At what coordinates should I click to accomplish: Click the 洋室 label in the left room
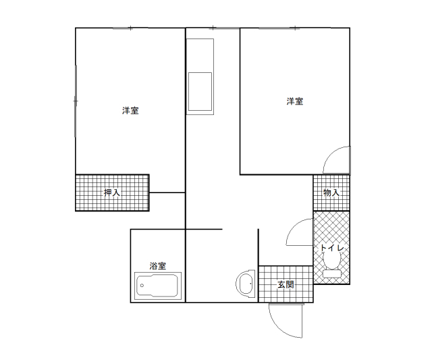pos(130,111)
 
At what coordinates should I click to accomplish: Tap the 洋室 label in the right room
pos(295,101)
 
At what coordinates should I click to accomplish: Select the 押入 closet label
pos(112,192)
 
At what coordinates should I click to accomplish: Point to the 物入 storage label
pos(331,192)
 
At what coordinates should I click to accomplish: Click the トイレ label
pos(331,248)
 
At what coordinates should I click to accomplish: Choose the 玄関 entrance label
pos(286,284)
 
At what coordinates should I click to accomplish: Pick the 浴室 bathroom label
pos(158,266)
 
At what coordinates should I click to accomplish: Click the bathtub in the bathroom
pos(158,286)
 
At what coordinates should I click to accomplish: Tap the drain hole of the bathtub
pos(142,286)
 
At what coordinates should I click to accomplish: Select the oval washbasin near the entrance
pos(246,284)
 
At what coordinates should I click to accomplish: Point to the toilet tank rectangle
pos(331,274)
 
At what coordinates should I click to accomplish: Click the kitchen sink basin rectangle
pos(200,91)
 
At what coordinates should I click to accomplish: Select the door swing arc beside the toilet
pos(296,228)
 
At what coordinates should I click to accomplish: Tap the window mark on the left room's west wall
pos(76,101)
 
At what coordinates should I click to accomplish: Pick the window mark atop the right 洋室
pos(295,28)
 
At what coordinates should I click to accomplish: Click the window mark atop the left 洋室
pos(130,28)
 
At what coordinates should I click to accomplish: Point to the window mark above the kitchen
pos(213,28)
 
